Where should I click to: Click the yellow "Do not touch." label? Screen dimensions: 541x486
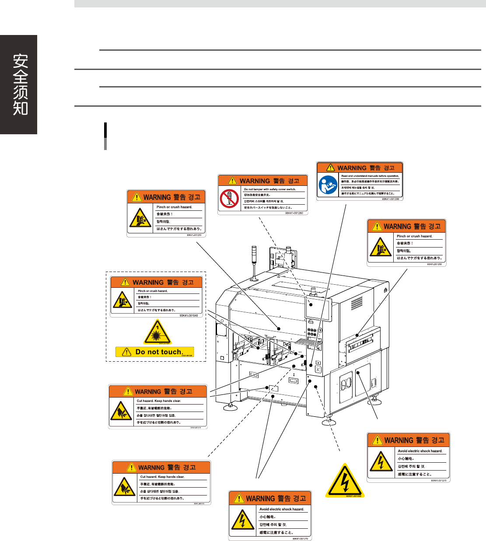tap(154, 352)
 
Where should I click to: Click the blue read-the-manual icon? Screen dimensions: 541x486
tap(328, 185)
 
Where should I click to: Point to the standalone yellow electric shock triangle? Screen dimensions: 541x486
tap(345, 480)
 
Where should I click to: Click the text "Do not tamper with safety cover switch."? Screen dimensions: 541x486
tap(270, 189)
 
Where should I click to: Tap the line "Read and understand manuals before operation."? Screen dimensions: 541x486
tap(370, 176)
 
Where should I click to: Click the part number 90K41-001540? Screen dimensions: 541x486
tap(189, 315)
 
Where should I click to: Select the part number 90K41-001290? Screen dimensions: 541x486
tap(390, 199)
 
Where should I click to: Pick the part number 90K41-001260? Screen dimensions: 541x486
tap(294, 213)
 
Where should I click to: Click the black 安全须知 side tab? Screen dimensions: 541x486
tap(19, 84)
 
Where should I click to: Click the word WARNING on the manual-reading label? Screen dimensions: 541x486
tap(352, 168)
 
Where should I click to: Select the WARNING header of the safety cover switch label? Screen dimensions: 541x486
tap(255, 181)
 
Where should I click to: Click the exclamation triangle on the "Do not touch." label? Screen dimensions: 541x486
tap(126, 352)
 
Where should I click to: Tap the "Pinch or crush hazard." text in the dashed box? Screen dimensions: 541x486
tap(153, 291)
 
